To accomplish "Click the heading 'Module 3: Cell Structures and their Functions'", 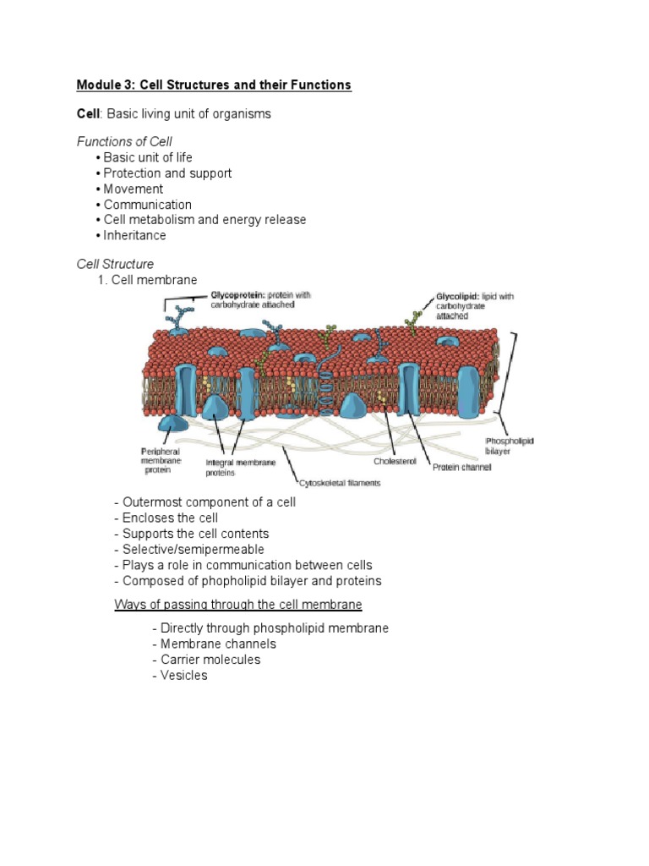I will tap(214, 85).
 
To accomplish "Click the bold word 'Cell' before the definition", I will tap(89, 113).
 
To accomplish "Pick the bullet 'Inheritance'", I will tap(134, 236).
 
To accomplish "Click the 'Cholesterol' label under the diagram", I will tap(395, 462).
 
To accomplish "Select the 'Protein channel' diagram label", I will tap(461, 467).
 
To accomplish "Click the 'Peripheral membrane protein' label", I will tap(160, 460).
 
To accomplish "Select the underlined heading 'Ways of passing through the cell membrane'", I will tap(238, 605).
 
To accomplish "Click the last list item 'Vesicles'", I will tap(183, 676).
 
